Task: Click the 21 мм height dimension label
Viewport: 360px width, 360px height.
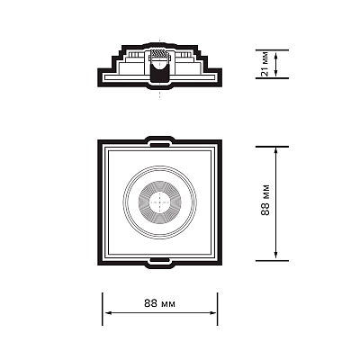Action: click(x=265, y=64)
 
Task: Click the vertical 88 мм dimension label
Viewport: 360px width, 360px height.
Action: click(x=265, y=200)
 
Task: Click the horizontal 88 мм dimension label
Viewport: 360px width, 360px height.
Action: click(x=159, y=303)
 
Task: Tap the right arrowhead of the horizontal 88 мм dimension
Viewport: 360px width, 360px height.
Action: click(x=213, y=313)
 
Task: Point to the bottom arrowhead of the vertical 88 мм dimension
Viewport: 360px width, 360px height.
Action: click(x=276, y=256)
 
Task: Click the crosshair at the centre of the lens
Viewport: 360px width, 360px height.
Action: click(x=160, y=202)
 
